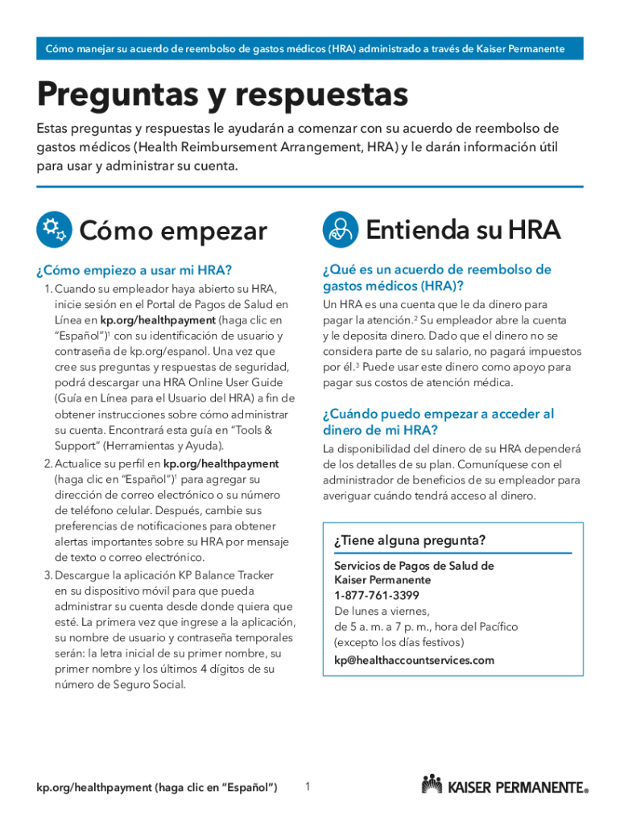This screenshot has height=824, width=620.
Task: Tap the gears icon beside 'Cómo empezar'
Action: tap(53, 231)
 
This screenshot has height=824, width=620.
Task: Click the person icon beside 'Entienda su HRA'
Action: tap(339, 231)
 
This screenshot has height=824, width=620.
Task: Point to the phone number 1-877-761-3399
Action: tap(377, 595)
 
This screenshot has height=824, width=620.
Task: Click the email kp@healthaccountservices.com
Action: tap(414, 661)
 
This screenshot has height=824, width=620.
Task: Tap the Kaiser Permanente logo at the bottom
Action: tap(504, 785)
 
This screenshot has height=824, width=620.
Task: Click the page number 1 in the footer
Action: tap(308, 786)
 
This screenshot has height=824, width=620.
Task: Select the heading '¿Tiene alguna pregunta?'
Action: tap(410, 541)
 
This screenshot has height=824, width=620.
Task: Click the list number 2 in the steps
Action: tap(48, 463)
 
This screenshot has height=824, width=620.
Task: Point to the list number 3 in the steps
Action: tap(48, 575)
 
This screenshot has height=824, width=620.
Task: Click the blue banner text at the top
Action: tap(310, 49)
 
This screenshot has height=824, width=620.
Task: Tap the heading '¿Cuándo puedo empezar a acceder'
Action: tap(438, 414)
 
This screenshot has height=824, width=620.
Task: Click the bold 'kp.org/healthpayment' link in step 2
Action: tap(221, 463)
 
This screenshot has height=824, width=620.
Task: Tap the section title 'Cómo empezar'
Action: tap(173, 232)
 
